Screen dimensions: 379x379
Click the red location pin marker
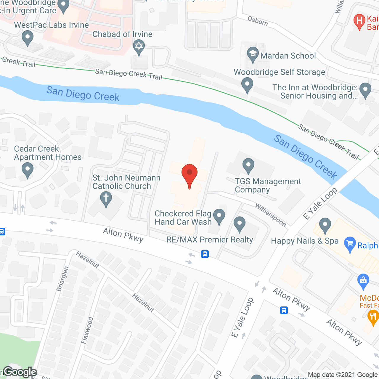click(x=189, y=175)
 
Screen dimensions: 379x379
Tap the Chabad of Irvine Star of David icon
click(x=139, y=47)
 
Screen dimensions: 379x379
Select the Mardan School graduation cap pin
click(x=253, y=54)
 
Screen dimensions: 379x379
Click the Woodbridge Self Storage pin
click(x=247, y=84)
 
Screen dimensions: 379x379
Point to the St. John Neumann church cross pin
click(x=106, y=198)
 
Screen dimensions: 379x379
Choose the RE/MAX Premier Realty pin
click(x=239, y=224)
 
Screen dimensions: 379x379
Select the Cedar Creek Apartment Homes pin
click(x=27, y=170)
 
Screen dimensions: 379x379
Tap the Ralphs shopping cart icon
click(x=350, y=245)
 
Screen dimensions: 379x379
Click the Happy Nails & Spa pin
click(x=325, y=225)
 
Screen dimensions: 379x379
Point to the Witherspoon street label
click(x=271, y=215)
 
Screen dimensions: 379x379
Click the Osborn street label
click(x=258, y=21)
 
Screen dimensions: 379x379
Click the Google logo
click(x=20, y=372)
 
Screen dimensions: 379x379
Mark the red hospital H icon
click(x=359, y=21)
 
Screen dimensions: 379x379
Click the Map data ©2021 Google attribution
click(x=343, y=375)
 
